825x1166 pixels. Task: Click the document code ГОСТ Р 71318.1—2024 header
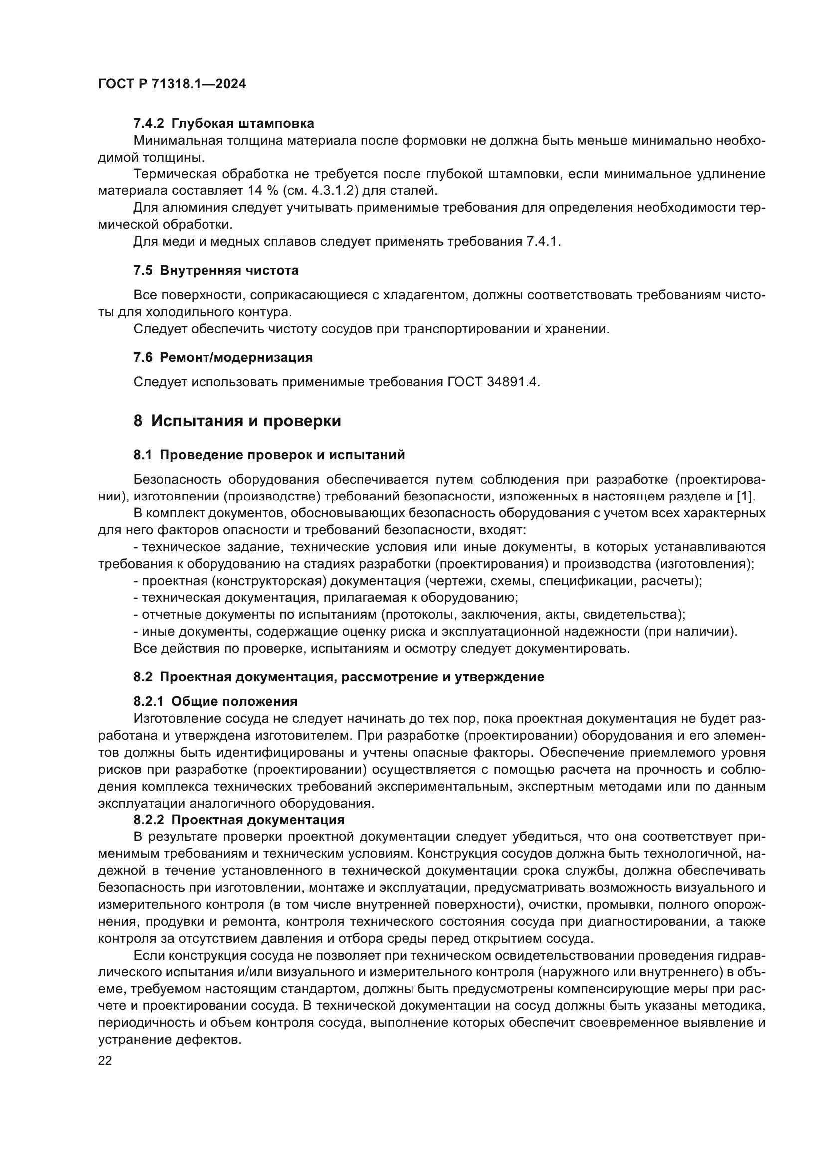click(x=172, y=84)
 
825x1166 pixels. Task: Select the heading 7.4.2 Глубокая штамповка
click(x=223, y=124)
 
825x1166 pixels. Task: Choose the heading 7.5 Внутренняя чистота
click(x=216, y=271)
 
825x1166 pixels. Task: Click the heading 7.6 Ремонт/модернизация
click(x=223, y=357)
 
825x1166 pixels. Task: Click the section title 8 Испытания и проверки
click(x=237, y=421)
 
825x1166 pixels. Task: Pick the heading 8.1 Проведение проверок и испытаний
click(x=269, y=455)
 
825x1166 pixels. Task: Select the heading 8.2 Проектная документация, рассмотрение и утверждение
click(x=338, y=677)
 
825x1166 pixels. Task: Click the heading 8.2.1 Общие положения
click(x=215, y=702)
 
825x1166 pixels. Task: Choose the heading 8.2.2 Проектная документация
click(x=239, y=820)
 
